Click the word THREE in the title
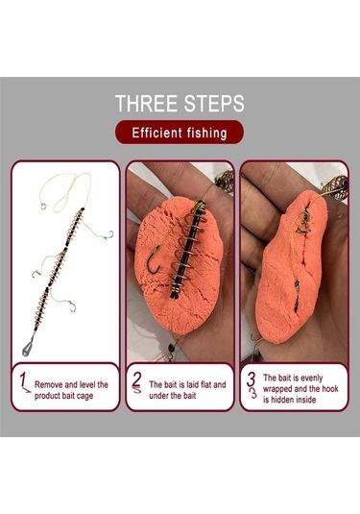coord(148,103)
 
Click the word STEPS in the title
coord(214,103)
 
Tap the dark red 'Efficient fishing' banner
coord(180,133)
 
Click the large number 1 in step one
coord(22,380)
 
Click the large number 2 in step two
coord(137,379)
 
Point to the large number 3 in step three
coord(251,379)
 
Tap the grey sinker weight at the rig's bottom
coord(28,348)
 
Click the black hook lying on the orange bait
coord(154,259)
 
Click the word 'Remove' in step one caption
coord(49,384)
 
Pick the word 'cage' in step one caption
coord(84,396)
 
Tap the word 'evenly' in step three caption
coord(311,379)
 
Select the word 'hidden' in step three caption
coord(284,400)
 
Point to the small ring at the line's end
coord(43,207)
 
